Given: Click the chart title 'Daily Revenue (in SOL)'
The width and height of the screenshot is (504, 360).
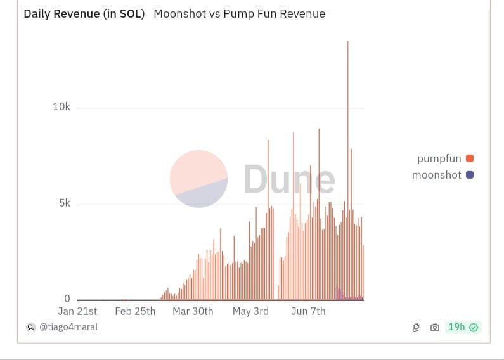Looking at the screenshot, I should tap(84, 14).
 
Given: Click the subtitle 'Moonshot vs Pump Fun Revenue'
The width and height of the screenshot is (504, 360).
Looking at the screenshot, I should tap(239, 14).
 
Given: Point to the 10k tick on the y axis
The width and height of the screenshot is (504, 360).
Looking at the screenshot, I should tap(61, 107).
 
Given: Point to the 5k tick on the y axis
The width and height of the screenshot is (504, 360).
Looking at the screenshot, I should tap(65, 203).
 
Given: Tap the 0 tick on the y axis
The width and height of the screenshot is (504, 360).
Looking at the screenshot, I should tap(67, 299).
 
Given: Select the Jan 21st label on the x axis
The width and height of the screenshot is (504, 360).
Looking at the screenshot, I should tap(77, 311).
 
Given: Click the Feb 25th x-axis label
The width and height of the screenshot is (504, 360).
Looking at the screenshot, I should tap(135, 311).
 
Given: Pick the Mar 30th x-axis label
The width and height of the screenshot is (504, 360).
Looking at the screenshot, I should tap(193, 311).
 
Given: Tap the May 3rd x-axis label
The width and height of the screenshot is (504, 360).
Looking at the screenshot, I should tap(250, 311).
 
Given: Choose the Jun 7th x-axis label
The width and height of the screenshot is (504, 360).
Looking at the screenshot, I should tap(308, 311).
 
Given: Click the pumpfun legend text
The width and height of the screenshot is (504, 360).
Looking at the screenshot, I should tap(439, 158).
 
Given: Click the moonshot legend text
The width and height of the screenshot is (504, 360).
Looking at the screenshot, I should tap(437, 175).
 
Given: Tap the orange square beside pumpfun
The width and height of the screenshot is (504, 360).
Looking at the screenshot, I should tap(470, 158).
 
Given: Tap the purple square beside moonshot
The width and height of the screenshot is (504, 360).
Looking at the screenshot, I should tap(470, 175).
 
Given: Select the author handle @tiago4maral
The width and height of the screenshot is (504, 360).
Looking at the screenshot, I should tap(68, 327).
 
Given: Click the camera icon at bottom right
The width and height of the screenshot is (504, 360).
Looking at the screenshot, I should tap(434, 328).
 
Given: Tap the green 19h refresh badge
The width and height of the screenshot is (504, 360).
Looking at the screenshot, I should tap(463, 327).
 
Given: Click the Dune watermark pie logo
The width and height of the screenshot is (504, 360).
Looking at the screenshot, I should tap(198, 179).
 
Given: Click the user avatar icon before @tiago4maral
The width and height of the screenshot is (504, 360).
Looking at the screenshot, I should tap(30, 328).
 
